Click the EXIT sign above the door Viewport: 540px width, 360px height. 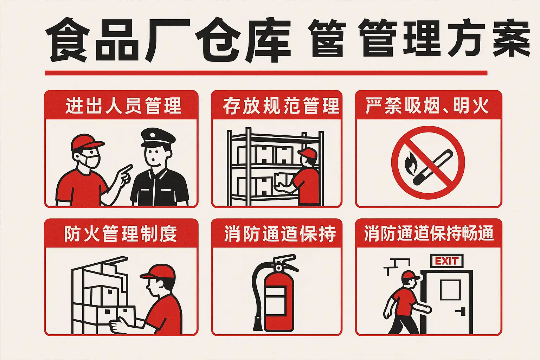[x=447, y=261]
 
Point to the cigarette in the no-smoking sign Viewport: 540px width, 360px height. [x=433, y=167]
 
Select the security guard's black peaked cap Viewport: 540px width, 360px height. [x=158, y=137]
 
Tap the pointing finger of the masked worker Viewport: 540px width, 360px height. [x=126, y=168]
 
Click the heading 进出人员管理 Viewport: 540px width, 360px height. [x=123, y=105]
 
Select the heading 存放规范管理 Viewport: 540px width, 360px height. [x=281, y=105]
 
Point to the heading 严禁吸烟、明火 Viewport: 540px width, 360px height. [x=427, y=105]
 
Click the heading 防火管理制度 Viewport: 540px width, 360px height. [x=121, y=234]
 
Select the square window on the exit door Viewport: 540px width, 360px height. [x=450, y=290]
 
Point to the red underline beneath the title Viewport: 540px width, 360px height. [x=266, y=73]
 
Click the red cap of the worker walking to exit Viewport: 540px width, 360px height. [x=411, y=276]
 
